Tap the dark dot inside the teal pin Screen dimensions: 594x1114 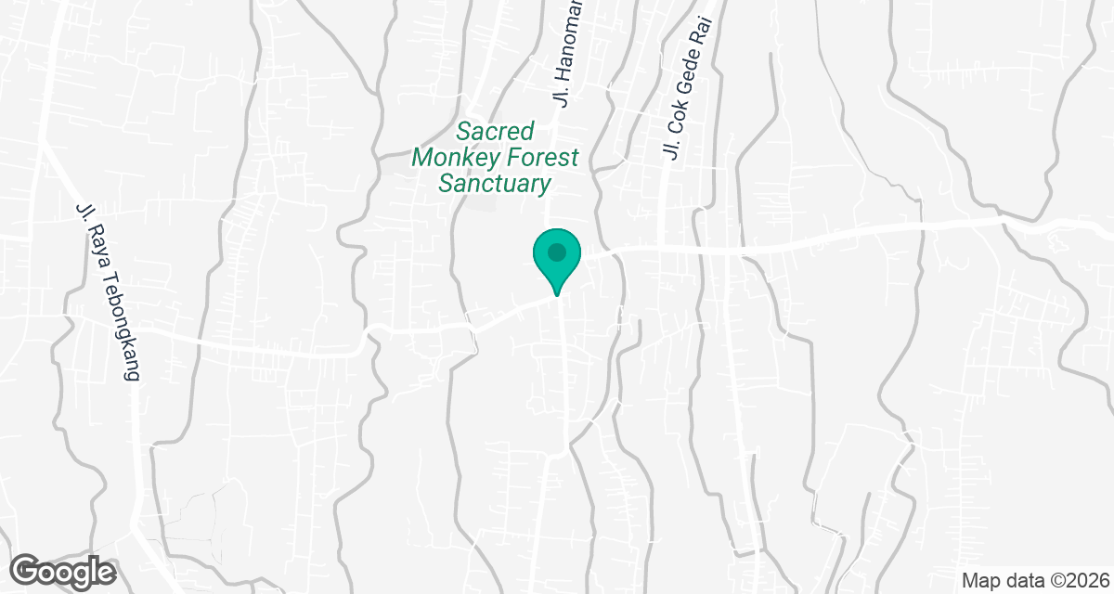[x=556, y=252]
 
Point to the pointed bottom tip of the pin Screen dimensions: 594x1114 [x=557, y=294]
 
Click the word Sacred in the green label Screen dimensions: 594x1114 [x=495, y=131]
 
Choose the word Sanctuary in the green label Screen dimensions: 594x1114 [x=495, y=183]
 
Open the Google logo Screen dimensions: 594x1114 [x=63, y=570]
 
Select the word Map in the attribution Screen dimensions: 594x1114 [x=978, y=581]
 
